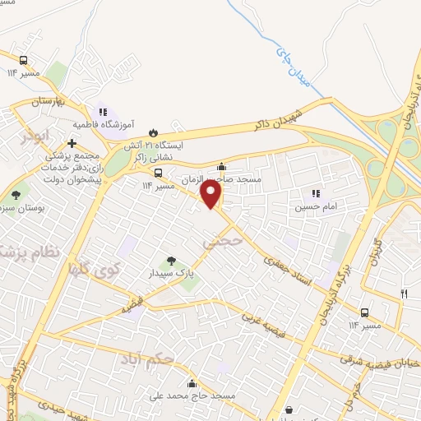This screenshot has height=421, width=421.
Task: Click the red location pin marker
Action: tap(211, 194)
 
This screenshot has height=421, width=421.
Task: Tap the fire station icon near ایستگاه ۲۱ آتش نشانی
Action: tap(152, 132)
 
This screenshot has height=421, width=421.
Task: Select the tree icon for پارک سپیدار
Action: tap(171, 261)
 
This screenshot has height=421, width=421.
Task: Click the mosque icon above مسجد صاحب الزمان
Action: tap(220, 167)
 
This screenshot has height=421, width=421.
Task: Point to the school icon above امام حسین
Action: tap(316, 194)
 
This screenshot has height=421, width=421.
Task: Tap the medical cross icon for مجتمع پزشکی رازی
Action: tap(72, 143)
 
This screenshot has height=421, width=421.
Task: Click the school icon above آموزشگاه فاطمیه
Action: tap(103, 111)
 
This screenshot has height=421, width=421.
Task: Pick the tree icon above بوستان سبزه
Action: tap(16, 195)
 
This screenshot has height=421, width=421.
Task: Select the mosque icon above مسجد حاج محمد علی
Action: tap(192, 383)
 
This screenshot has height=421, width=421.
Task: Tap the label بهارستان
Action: tap(48, 101)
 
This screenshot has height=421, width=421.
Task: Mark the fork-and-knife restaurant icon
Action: tap(403, 293)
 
